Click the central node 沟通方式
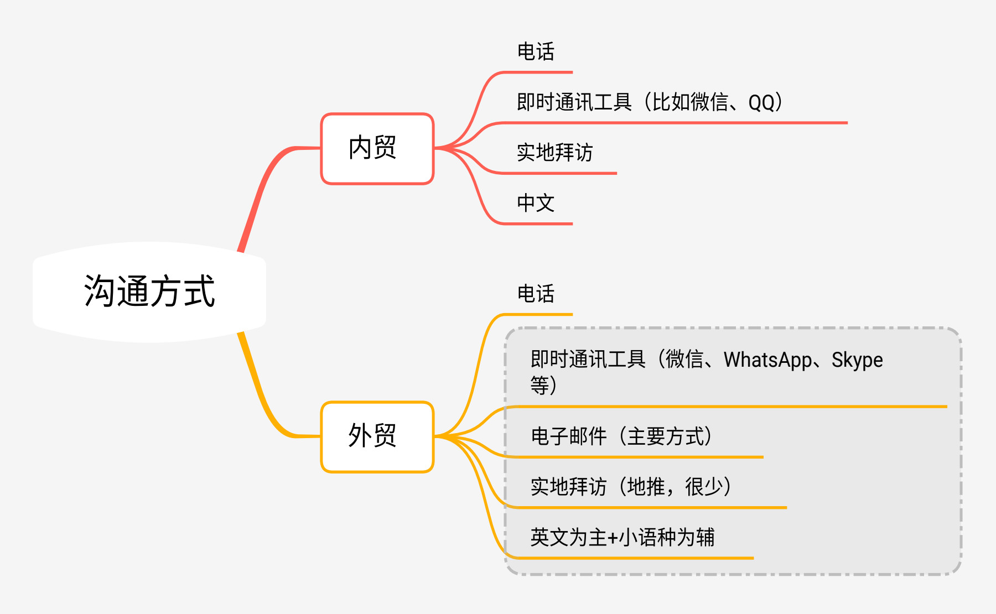point(149,292)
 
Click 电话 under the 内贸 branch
point(535,52)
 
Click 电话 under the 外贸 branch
point(535,294)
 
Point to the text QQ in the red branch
point(761,103)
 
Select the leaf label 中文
point(535,203)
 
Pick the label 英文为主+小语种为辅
point(622,537)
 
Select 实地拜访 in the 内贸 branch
point(554,153)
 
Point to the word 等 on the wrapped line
point(539,385)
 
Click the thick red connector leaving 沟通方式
point(260,194)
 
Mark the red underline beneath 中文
point(537,224)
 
